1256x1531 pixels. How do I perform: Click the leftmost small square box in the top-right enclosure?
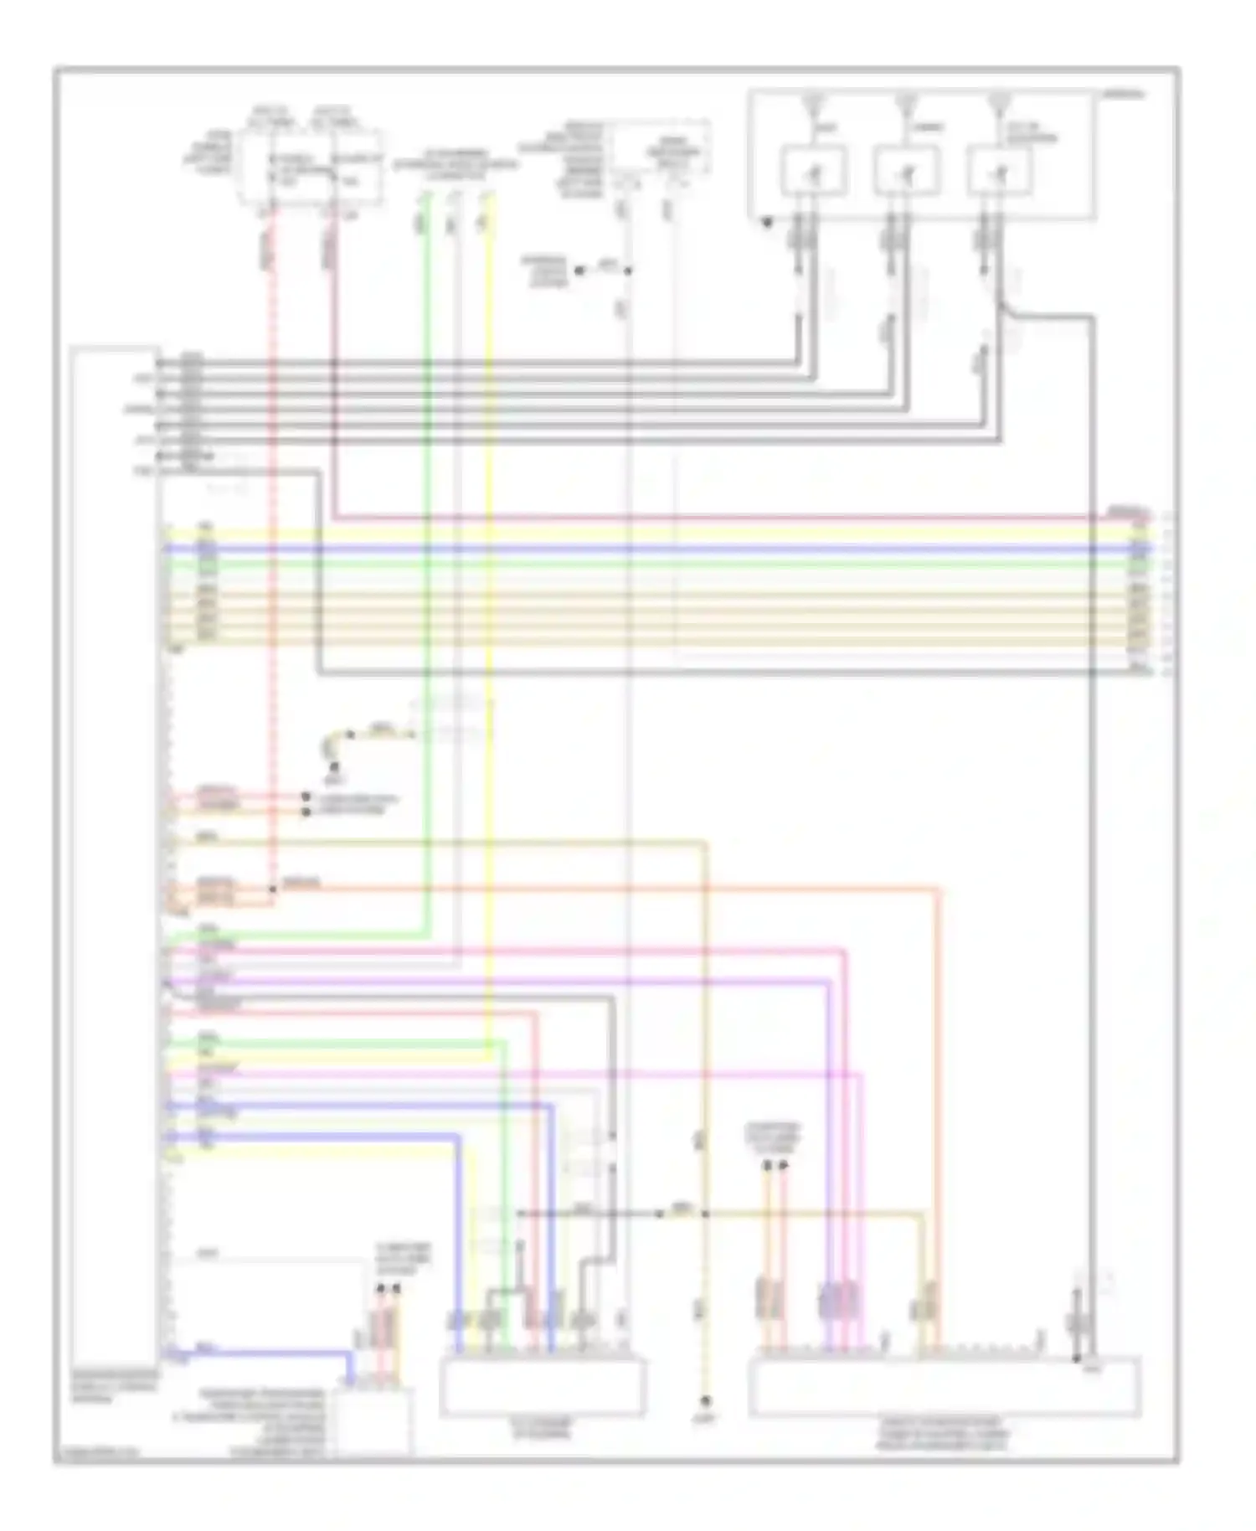tap(813, 170)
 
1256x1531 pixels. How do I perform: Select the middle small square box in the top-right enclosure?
tap(906, 170)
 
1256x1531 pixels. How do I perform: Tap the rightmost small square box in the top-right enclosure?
tap(1000, 170)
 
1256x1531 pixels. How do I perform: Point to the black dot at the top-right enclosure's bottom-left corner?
tap(767, 223)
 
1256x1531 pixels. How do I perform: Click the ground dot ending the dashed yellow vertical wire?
tap(706, 1401)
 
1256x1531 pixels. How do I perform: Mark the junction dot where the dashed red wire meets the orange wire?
tap(273, 888)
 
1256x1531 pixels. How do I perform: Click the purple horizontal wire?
tap(502, 981)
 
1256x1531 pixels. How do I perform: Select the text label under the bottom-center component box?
tap(543, 1429)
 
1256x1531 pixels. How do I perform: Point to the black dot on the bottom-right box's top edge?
tap(1078, 1358)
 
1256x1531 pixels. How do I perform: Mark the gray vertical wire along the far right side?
tap(1093, 838)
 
